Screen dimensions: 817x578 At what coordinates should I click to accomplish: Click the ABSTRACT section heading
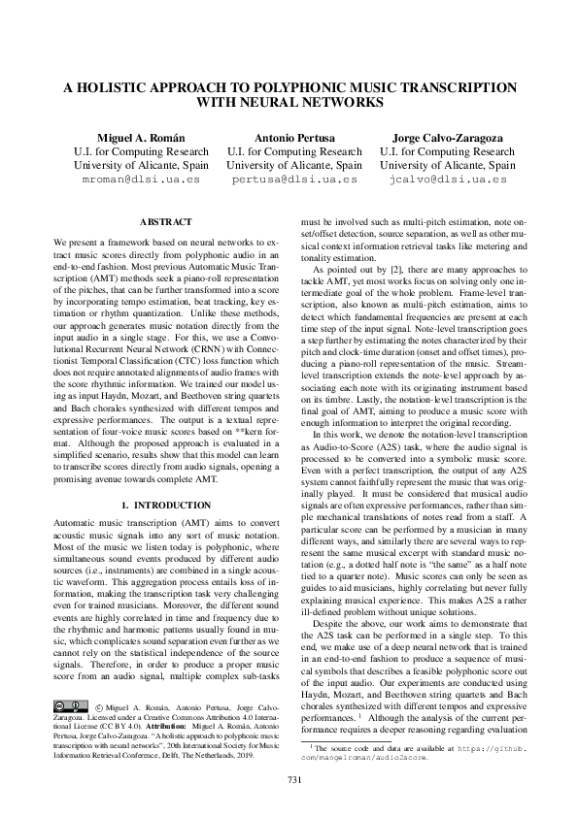point(166,222)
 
